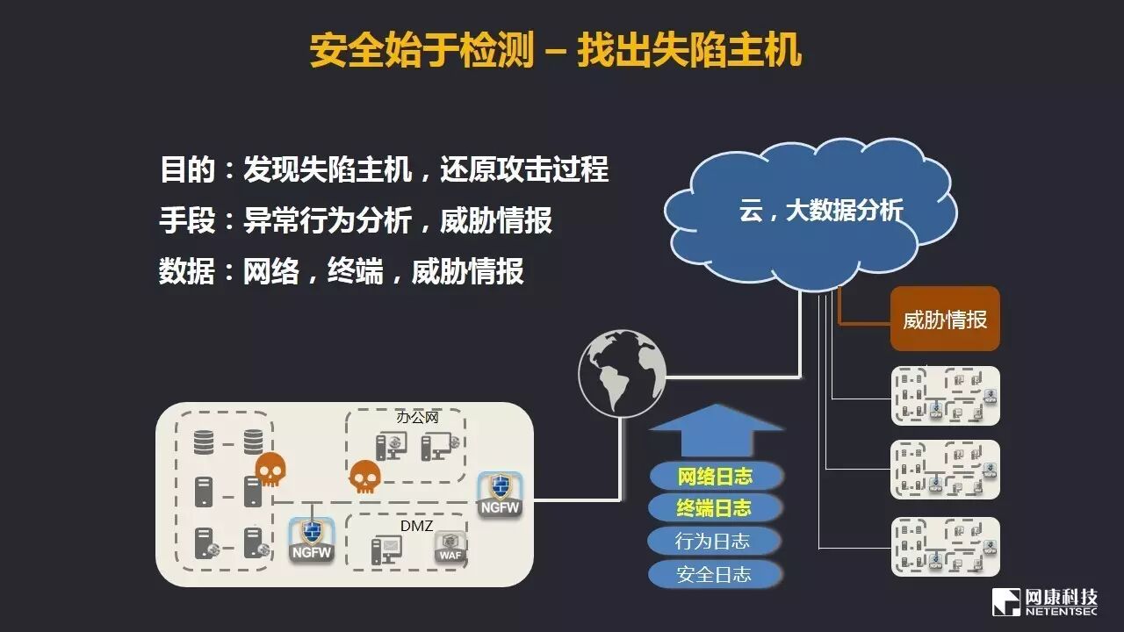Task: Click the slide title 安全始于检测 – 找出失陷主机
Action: pos(555,50)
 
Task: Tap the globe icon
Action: pos(622,374)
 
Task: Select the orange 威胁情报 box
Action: pos(945,320)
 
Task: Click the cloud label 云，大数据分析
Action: pos(820,211)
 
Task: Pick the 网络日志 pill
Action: pos(715,477)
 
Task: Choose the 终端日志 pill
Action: pos(714,508)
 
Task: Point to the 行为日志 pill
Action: pos(714,541)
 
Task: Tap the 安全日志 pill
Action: pos(714,574)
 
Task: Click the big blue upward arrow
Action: pos(716,430)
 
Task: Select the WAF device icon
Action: pos(450,548)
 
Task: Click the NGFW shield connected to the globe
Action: pos(501,494)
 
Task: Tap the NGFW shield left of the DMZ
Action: pos(312,539)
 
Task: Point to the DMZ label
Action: pos(417,525)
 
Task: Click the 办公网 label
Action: pos(417,417)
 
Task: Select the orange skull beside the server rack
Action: pos(270,470)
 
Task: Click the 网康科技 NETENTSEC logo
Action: pos(1044,601)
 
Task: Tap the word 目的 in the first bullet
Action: pos(187,169)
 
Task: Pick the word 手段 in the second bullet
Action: pos(187,220)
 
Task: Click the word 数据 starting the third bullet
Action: pos(187,271)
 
